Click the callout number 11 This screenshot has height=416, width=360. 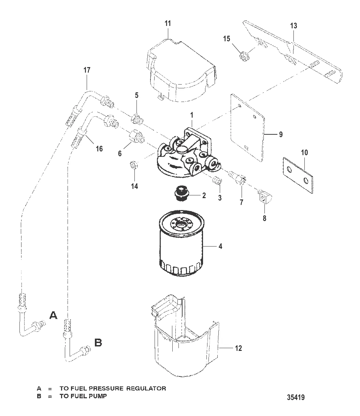168,24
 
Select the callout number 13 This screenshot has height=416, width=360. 293,26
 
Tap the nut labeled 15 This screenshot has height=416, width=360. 245,57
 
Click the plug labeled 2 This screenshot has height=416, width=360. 181,193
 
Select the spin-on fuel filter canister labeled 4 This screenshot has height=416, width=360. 182,243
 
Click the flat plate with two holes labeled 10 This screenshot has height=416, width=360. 298,175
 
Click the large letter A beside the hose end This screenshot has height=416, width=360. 53,315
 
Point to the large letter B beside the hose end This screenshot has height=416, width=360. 98,343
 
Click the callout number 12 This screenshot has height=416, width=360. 238,348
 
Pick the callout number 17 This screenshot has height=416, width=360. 87,70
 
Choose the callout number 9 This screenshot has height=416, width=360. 281,134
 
